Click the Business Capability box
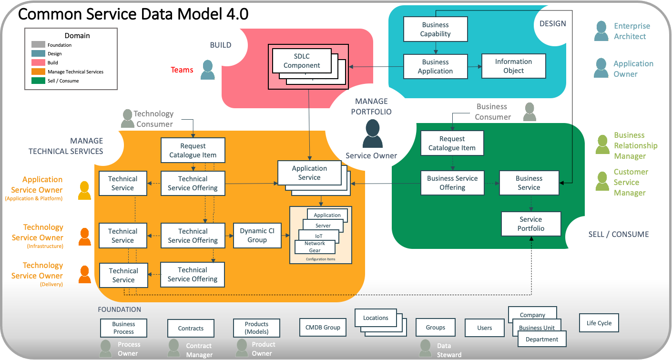point(435,29)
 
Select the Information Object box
point(513,66)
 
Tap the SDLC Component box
point(302,61)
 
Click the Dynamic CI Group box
point(257,236)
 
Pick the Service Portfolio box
point(531,224)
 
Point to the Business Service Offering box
point(452,183)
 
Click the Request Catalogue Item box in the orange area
point(193,151)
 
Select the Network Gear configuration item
point(315,247)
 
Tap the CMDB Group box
point(323,328)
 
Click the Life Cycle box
point(599,323)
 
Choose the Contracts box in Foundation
point(191,329)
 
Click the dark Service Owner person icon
point(372,134)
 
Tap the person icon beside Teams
point(208,70)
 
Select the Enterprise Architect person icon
point(601,31)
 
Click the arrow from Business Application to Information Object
point(474,67)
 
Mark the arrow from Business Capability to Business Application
point(435,48)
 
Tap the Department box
point(542,339)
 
